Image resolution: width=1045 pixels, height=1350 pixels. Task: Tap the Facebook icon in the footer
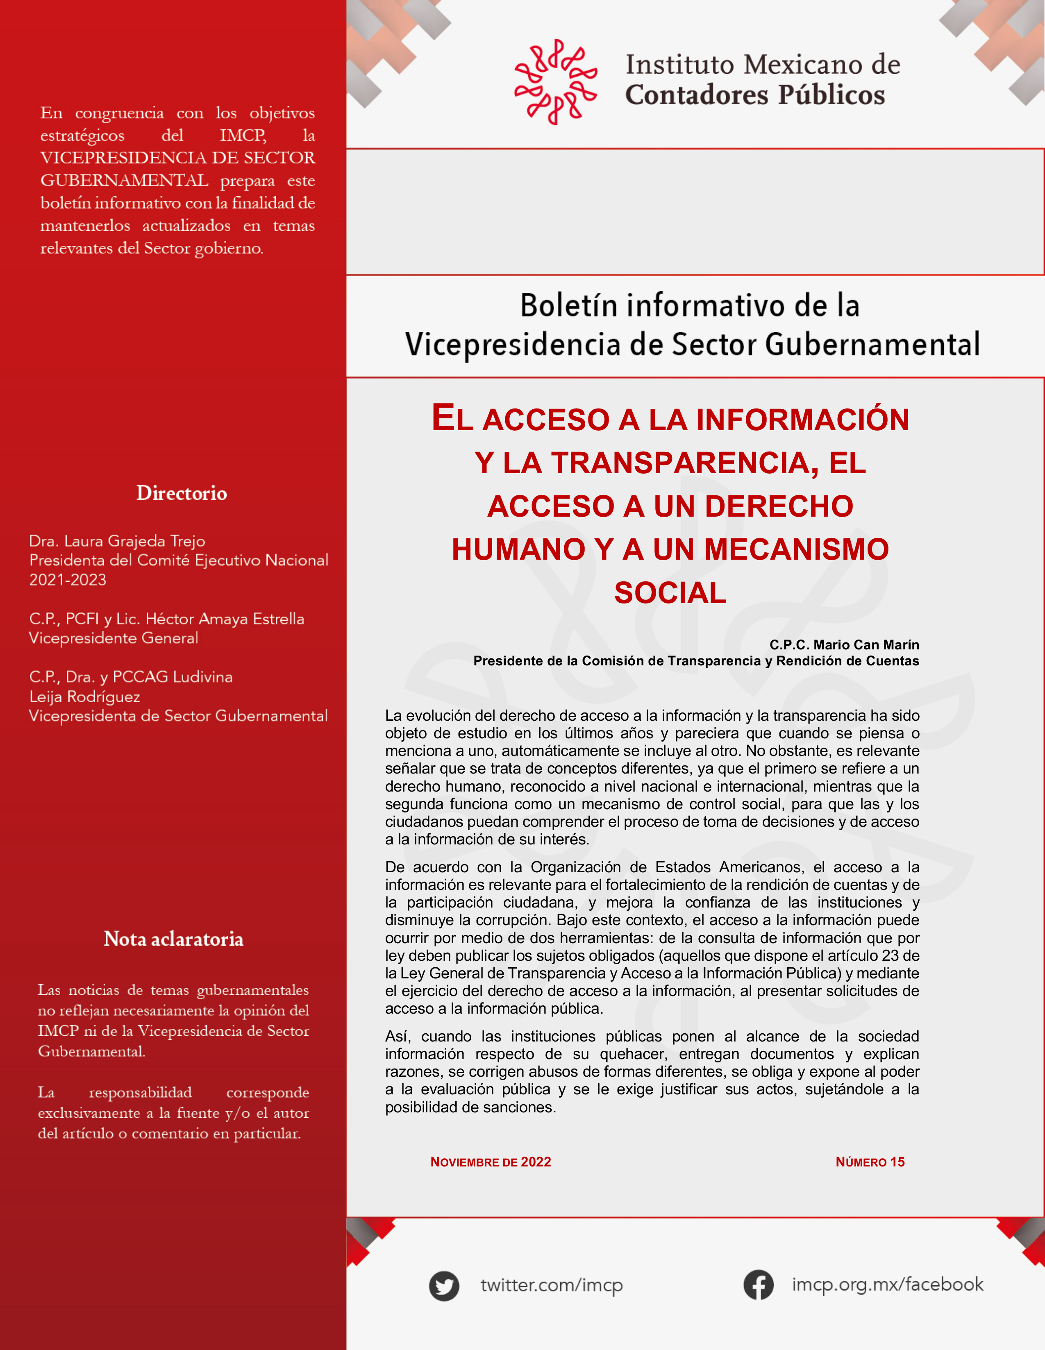(x=758, y=1284)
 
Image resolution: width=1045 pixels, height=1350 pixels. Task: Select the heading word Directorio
(x=182, y=493)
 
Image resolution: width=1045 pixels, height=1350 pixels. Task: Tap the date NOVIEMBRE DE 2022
(x=491, y=1162)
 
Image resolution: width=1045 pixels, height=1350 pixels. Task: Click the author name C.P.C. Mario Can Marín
(x=844, y=645)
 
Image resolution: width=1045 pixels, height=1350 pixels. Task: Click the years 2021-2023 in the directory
(x=68, y=580)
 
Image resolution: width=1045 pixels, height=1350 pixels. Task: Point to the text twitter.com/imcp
(x=552, y=1285)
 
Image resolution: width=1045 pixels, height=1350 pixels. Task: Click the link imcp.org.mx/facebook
(x=887, y=1284)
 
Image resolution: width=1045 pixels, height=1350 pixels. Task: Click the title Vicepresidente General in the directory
(x=114, y=638)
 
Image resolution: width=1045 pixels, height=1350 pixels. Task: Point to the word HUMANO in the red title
(x=518, y=549)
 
